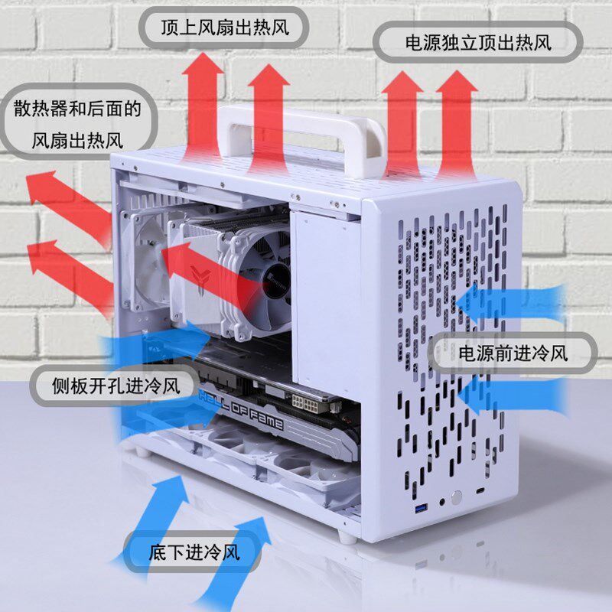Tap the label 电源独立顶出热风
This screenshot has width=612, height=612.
coord(477,42)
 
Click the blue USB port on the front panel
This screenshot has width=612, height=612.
coord(420,509)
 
